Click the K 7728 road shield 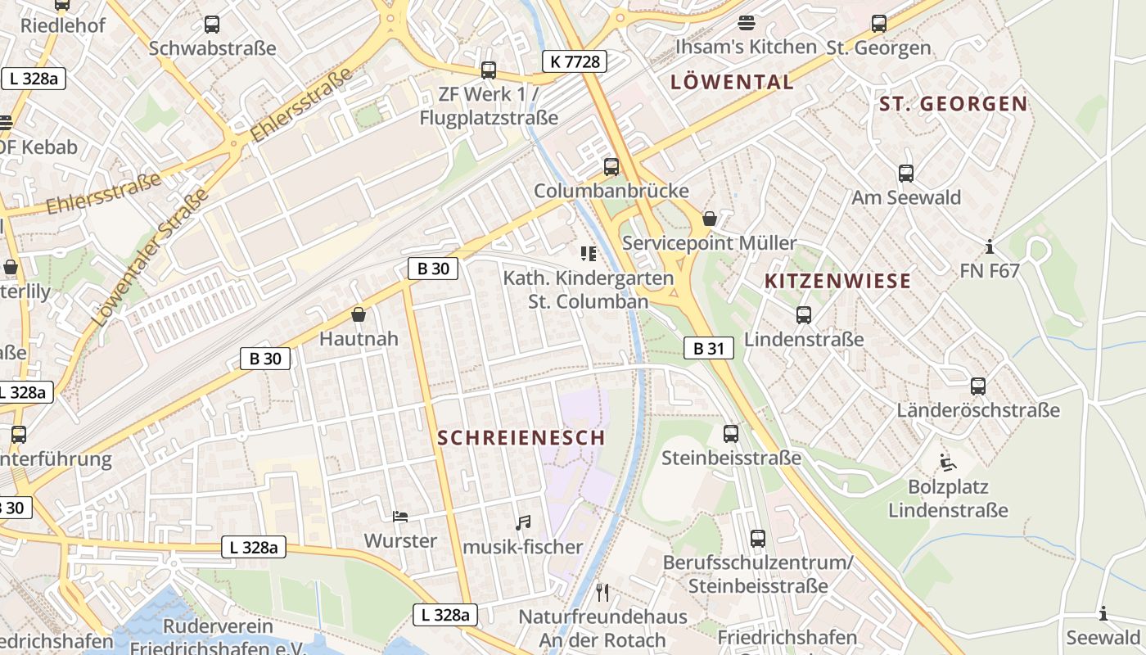(574, 61)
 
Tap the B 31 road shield (709, 348)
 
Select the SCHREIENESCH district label (521, 438)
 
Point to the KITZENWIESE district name (837, 282)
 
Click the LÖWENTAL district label (732, 82)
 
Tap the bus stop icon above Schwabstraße (212, 25)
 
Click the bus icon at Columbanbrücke (611, 167)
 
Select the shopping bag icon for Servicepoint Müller (709, 219)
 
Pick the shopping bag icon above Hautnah (358, 314)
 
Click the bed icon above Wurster (400, 516)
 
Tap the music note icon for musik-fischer (523, 522)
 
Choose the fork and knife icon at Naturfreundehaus (602, 592)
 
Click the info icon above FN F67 (990, 246)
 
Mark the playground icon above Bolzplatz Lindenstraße (948, 463)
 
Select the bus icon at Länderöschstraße (978, 386)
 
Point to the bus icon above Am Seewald (905, 174)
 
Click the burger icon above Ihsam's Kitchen (746, 23)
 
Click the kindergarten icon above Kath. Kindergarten (588, 254)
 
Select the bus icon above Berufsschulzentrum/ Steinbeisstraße (758, 539)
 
